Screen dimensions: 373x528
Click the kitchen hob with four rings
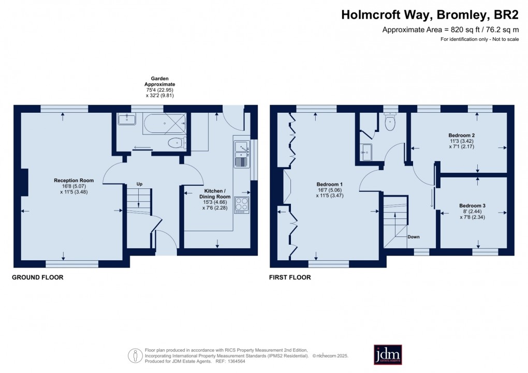pos(242,204)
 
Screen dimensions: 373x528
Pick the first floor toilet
pos(390,122)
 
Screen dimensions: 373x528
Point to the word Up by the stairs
pos(139,184)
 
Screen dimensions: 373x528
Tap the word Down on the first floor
pos(414,237)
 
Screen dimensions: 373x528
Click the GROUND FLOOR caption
pos(38,278)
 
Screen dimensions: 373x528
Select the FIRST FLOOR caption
pos(290,278)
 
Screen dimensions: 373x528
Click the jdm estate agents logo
pos(388,354)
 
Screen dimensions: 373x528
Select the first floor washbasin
pos(366,150)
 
